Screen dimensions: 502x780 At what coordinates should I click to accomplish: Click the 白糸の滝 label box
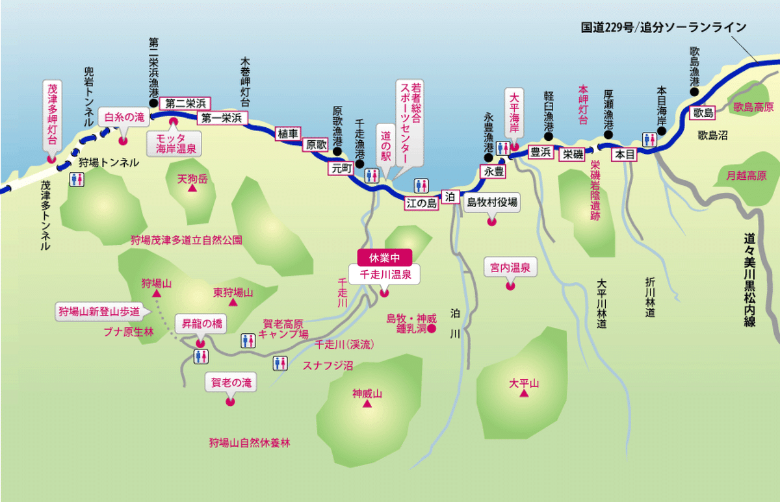click(x=124, y=118)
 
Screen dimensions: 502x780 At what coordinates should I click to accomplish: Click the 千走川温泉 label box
click(x=383, y=274)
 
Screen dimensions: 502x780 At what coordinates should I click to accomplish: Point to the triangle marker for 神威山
click(x=367, y=405)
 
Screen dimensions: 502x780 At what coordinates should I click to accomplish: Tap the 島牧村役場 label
click(x=493, y=203)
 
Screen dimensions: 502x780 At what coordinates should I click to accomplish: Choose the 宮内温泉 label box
click(x=510, y=267)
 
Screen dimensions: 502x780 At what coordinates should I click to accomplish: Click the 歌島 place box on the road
click(x=703, y=112)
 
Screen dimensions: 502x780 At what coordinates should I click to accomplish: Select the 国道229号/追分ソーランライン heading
click(x=662, y=28)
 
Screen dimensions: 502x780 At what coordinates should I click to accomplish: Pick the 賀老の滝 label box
click(x=231, y=383)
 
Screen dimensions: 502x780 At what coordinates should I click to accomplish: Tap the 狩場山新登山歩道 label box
click(x=99, y=311)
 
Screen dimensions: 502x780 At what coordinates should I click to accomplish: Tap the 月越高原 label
click(x=744, y=175)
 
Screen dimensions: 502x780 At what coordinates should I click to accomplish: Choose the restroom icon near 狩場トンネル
click(x=76, y=179)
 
